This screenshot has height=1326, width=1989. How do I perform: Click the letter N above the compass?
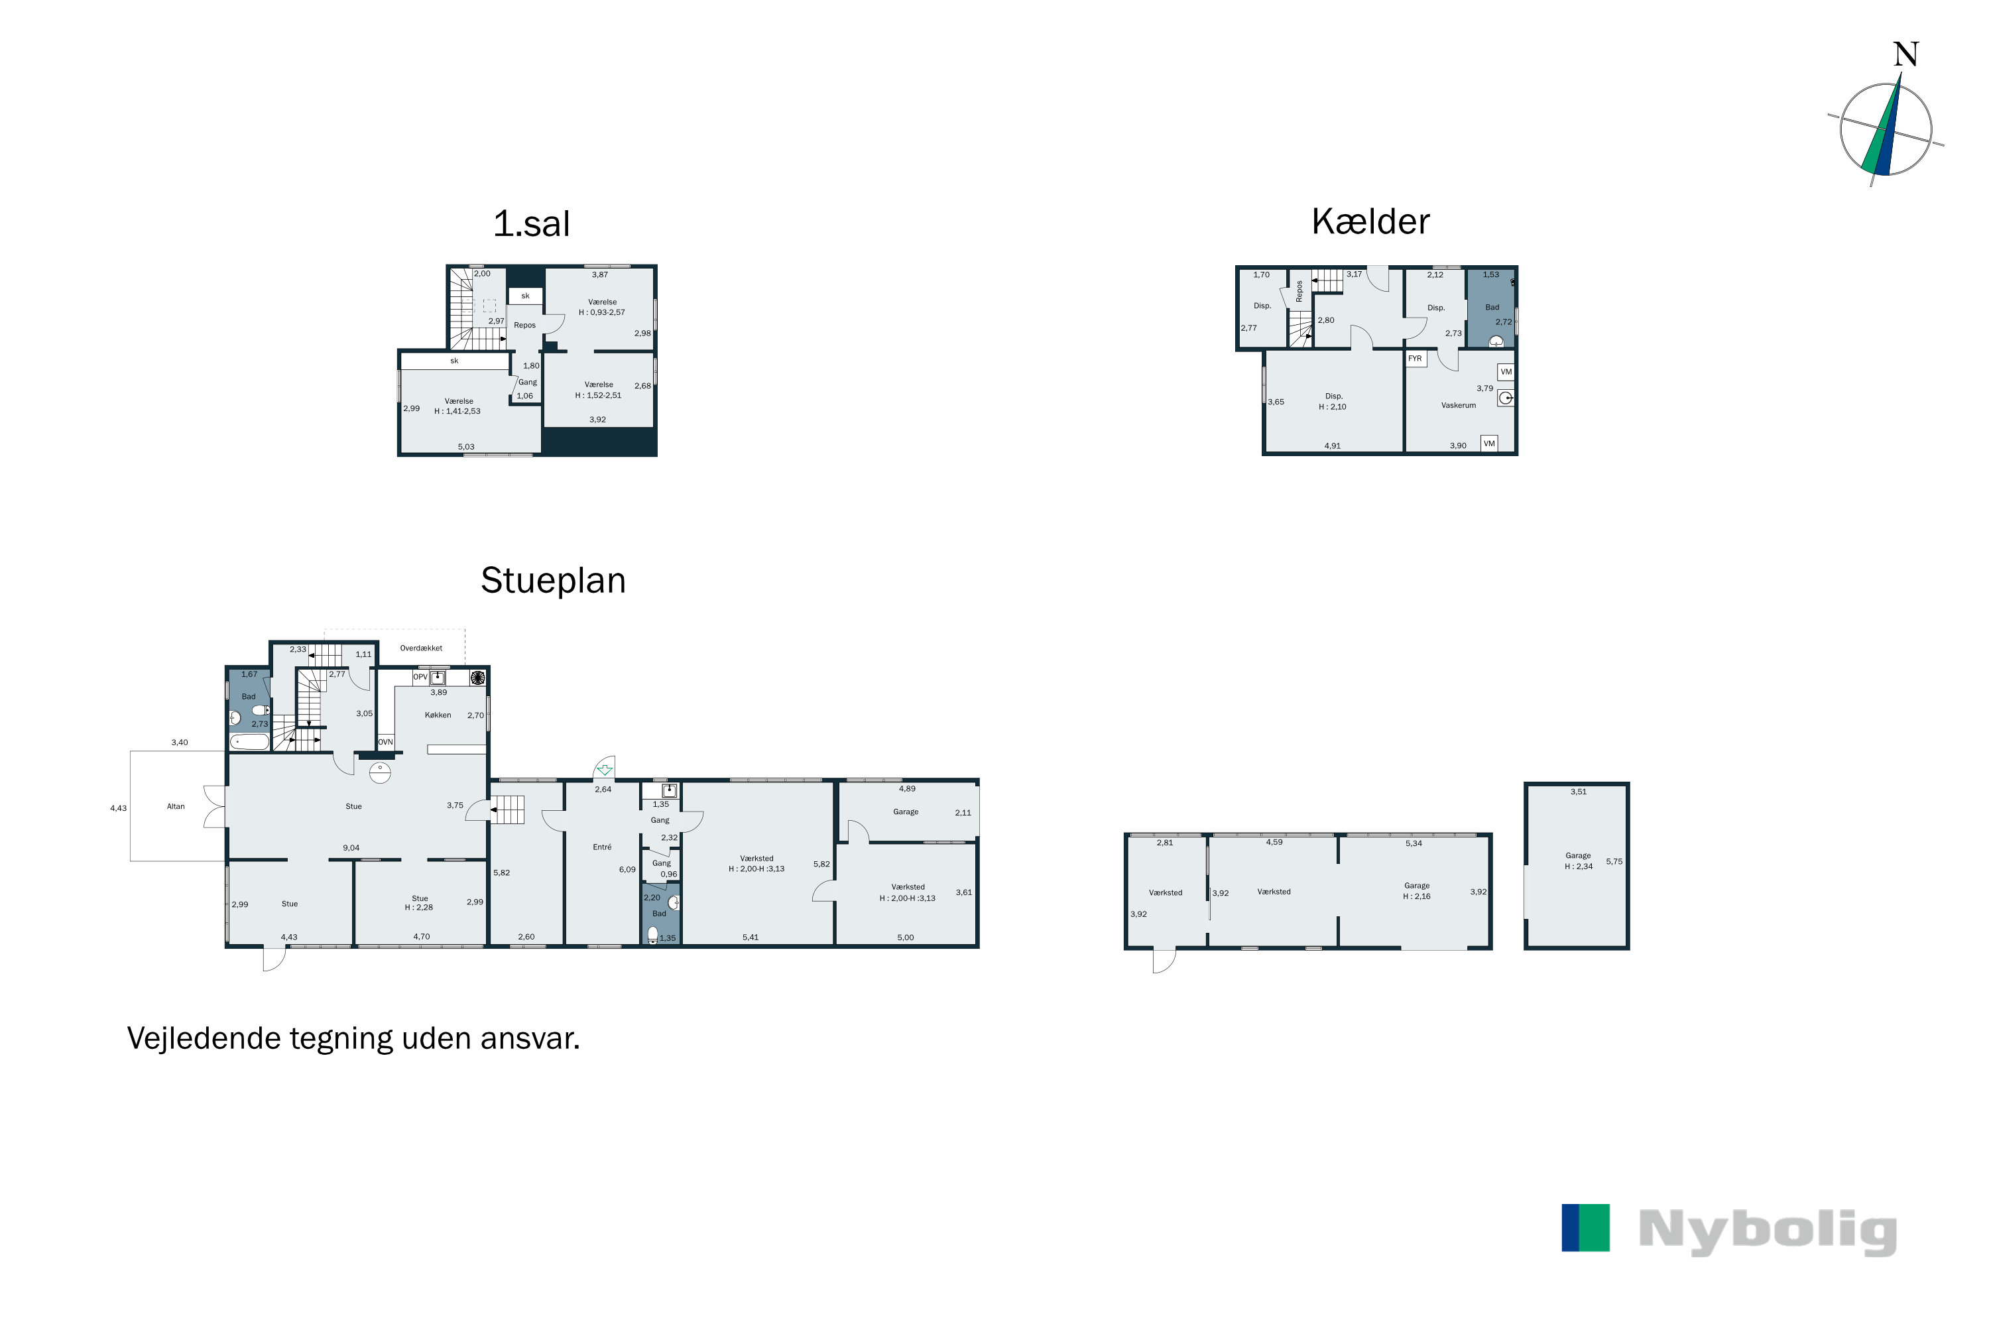[1905, 55]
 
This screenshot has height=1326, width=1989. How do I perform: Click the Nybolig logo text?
[1768, 1231]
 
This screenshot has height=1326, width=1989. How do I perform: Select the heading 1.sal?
[531, 224]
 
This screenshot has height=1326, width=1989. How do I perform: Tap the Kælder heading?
[1370, 221]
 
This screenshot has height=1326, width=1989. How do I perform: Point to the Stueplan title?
[553, 581]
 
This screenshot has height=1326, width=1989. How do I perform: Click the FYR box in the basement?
[1415, 359]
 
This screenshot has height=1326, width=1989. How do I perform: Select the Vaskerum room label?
[1458, 406]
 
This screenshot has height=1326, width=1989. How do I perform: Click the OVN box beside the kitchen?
[386, 742]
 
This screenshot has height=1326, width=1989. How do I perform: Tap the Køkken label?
[438, 715]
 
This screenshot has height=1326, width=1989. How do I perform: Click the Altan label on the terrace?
[176, 807]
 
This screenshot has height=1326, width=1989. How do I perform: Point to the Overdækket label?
[421, 648]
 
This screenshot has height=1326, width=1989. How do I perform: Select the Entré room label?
[602, 847]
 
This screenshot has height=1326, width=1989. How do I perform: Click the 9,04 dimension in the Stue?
[351, 848]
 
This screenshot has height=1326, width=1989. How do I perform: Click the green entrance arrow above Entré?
[605, 770]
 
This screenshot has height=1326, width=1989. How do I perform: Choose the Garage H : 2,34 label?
[1578, 861]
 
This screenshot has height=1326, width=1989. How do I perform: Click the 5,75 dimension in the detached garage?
[1614, 862]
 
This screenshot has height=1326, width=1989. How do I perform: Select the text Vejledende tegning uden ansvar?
[353, 1038]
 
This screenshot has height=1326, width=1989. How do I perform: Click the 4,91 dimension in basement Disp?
[1332, 446]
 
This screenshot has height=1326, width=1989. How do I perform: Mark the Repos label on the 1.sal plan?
[524, 326]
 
